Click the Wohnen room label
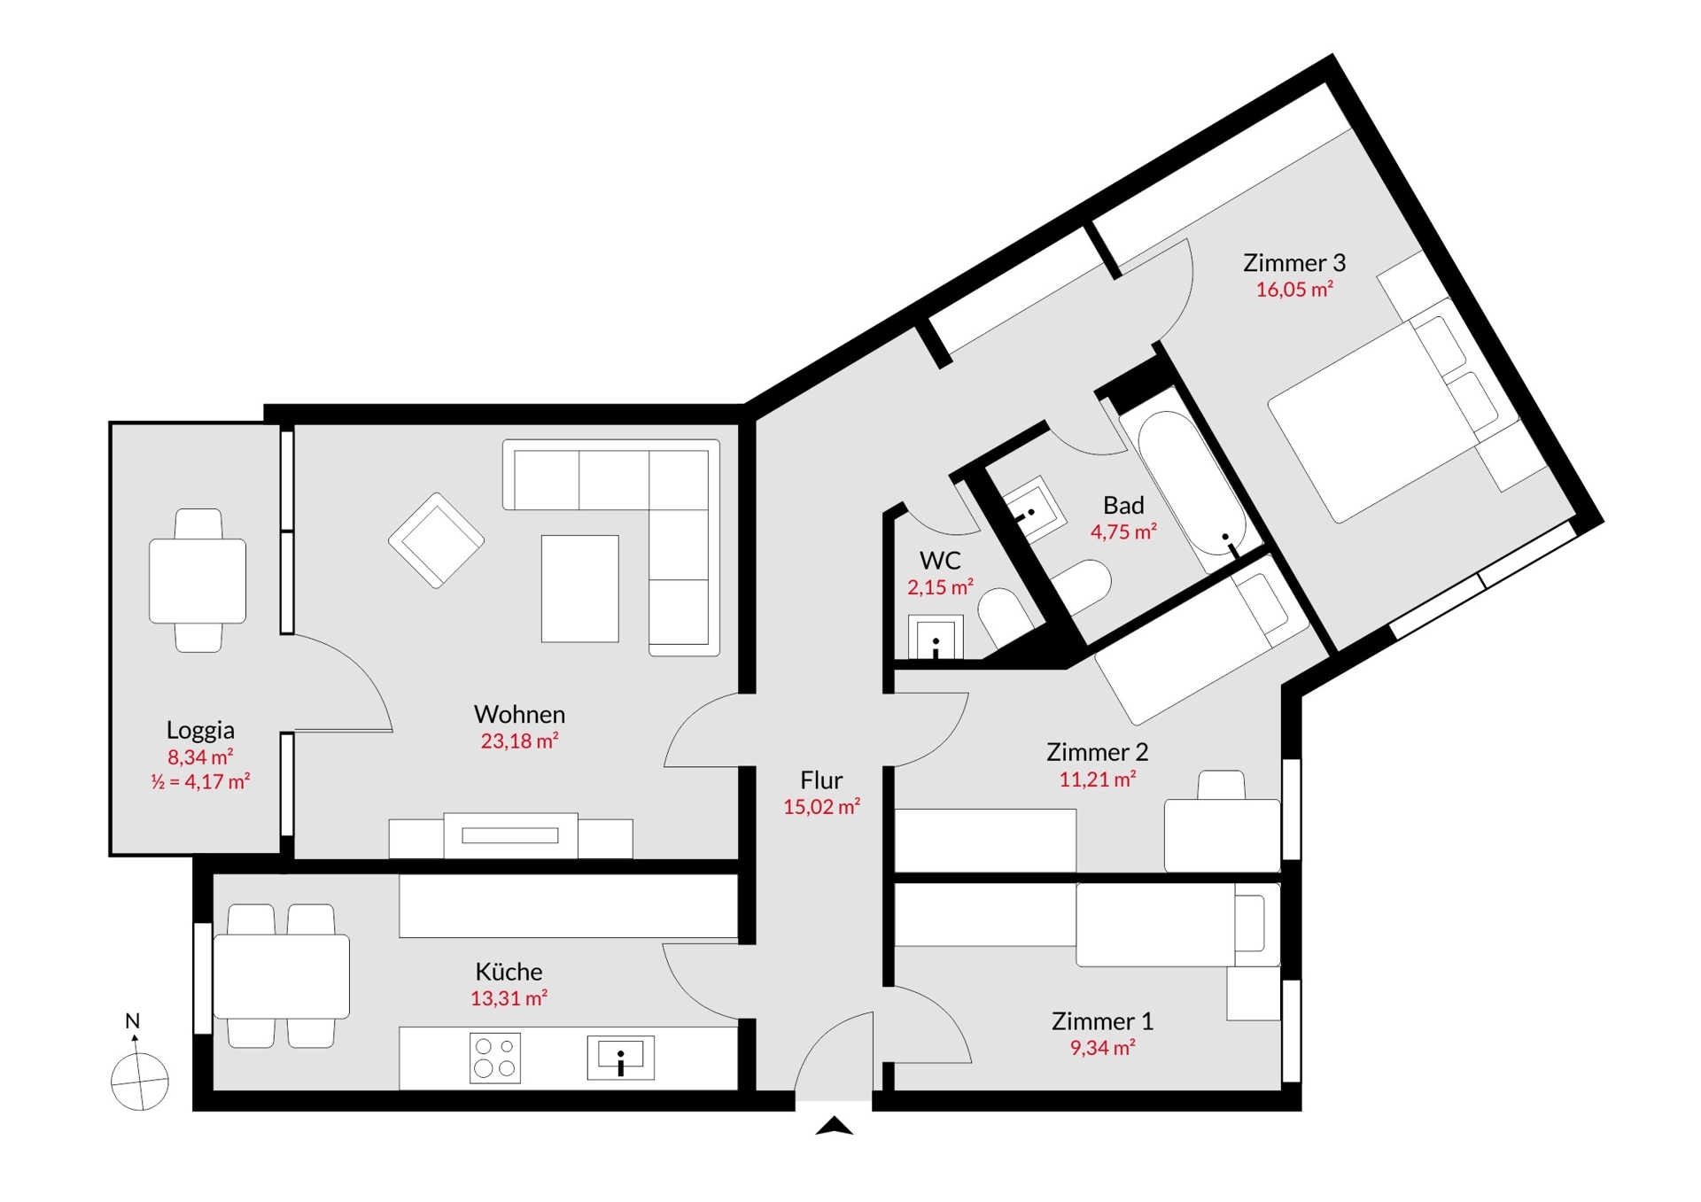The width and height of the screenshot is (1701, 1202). [x=519, y=714]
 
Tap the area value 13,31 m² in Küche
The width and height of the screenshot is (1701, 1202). [x=509, y=998]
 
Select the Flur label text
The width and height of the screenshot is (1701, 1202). [x=821, y=780]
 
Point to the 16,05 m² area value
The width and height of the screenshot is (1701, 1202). [x=1294, y=290]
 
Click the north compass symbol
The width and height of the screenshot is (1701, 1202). [x=139, y=1080]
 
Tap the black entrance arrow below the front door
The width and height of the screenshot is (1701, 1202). [x=834, y=1127]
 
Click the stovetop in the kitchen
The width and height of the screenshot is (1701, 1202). [x=494, y=1058]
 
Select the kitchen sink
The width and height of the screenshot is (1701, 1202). [x=620, y=1058]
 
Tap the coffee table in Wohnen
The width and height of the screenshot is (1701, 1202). [x=579, y=588]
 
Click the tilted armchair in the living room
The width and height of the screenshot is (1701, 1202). [x=436, y=540]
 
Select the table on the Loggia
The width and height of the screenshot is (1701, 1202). [x=198, y=581]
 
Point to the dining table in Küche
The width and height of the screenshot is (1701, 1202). [x=282, y=976]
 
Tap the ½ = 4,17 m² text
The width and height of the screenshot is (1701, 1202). [x=200, y=782]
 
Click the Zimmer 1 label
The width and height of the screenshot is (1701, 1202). [x=1102, y=1021]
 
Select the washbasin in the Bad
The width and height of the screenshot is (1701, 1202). [x=1032, y=511]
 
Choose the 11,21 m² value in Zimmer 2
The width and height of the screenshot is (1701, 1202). [x=1097, y=779]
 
